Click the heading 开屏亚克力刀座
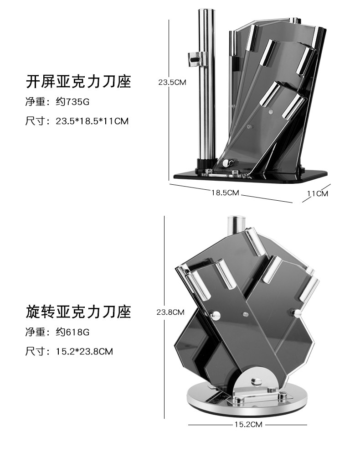[78, 82]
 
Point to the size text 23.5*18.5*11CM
[92, 121]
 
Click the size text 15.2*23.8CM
[84, 351]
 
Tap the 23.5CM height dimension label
[172, 83]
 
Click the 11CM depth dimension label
[317, 193]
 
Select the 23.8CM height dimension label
[170, 312]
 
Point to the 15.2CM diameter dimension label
[248, 425]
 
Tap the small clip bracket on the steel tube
[197, 58]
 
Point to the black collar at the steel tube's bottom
[206, 163]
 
